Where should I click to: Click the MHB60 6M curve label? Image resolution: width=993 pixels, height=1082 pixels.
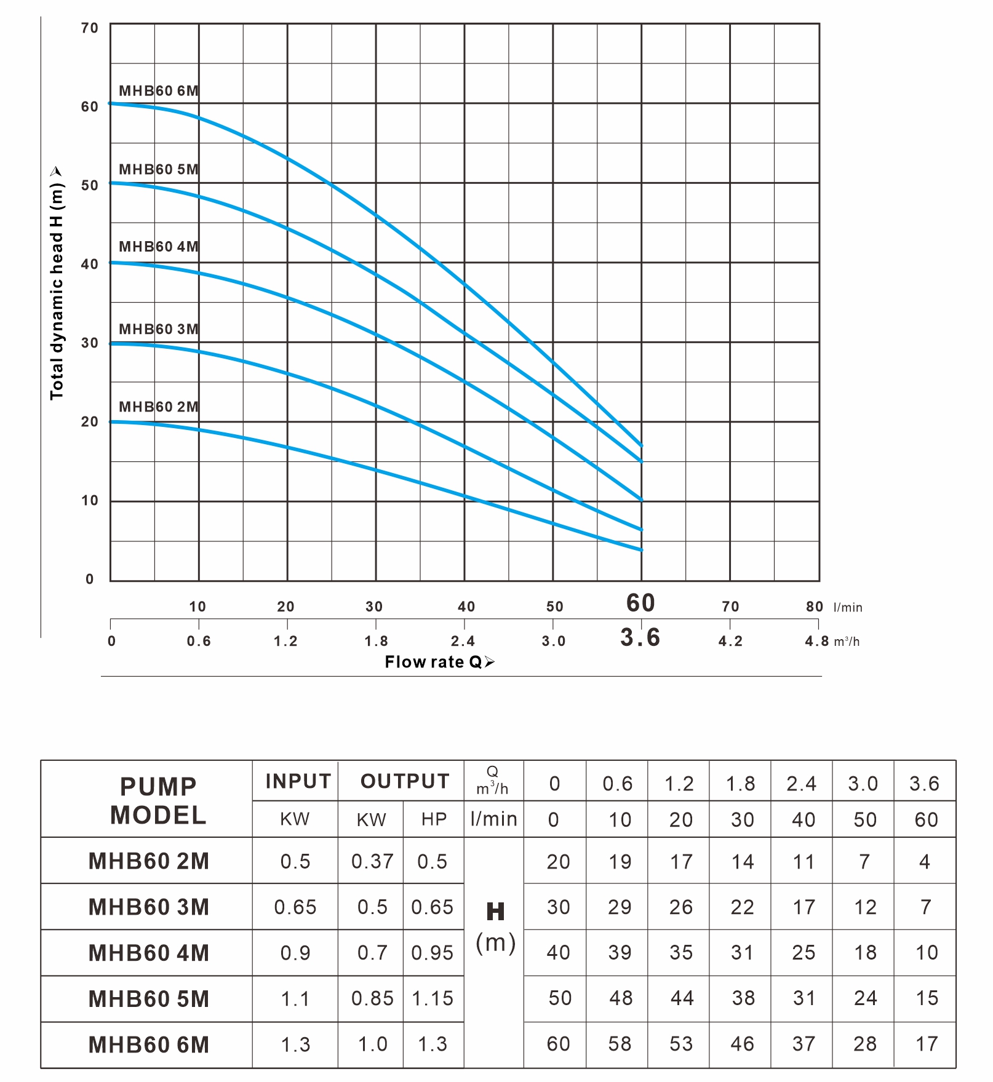[158, 91]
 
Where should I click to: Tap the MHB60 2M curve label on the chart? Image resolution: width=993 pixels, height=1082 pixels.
[158, 407]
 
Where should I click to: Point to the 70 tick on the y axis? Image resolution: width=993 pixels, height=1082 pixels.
[89, 28]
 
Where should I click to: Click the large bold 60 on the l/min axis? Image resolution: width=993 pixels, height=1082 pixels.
[640, 603]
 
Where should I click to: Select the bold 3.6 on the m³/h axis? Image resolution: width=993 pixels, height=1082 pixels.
[640, 638]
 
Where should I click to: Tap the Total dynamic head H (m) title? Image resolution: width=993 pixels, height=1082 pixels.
[57, 284]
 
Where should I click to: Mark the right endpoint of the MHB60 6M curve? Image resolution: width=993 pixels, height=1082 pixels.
[641, 445]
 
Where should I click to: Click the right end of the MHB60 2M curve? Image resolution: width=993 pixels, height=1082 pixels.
[641, 550]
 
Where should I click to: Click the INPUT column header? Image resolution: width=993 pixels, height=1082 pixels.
[298, 781]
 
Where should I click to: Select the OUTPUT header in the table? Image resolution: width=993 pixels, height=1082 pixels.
[405, 781]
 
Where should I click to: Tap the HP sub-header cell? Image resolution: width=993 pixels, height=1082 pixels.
[434, 819]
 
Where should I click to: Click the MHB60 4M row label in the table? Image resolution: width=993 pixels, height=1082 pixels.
[149, 953]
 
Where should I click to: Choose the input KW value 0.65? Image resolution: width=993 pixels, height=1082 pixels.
[295, 907]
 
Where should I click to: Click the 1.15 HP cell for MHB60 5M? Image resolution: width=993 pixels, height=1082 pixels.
[433, 998]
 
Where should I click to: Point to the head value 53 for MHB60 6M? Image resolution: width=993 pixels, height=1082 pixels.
[681, 1044]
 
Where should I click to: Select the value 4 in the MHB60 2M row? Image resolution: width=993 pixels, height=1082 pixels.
[925, 862]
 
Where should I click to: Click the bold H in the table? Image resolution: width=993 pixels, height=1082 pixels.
[495, 912]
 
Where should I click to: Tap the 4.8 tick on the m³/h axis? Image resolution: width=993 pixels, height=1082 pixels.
[817, 641]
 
